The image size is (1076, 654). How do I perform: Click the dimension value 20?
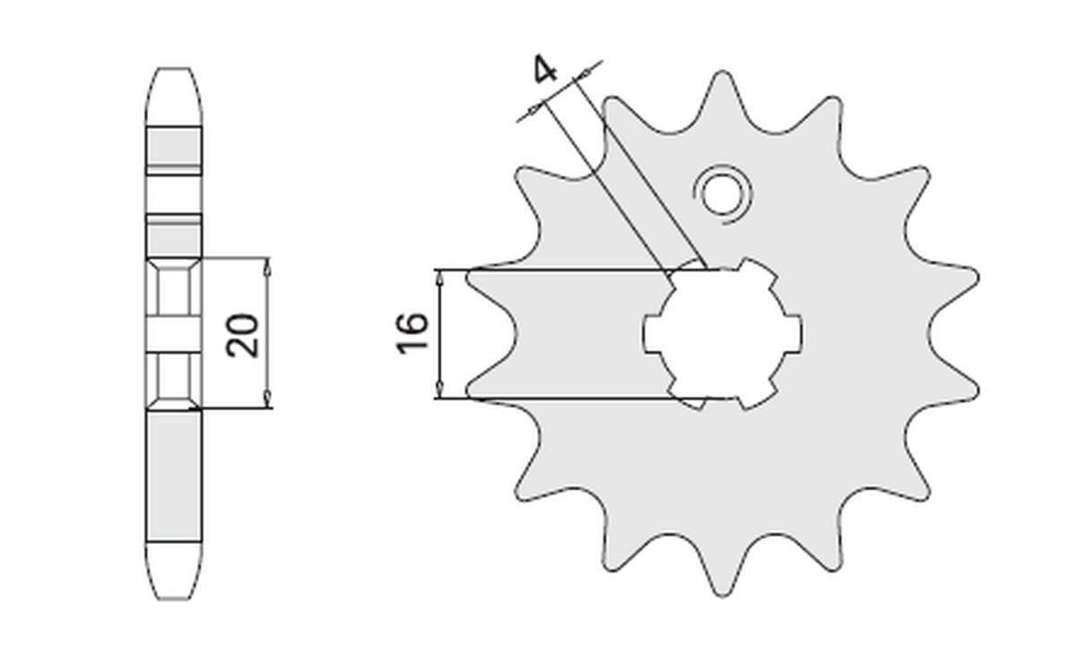(243, 334)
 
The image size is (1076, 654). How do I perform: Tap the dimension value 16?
(413, 333)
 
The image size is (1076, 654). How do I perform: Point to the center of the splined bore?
(723, 333)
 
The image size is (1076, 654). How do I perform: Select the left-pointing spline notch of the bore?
(649, 333)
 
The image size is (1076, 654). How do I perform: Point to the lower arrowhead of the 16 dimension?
(439, 391)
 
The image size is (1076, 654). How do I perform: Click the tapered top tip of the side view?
(174, 72)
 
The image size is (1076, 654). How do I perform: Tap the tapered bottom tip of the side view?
(174, 596)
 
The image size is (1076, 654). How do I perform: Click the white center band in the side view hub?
(174, 334)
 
